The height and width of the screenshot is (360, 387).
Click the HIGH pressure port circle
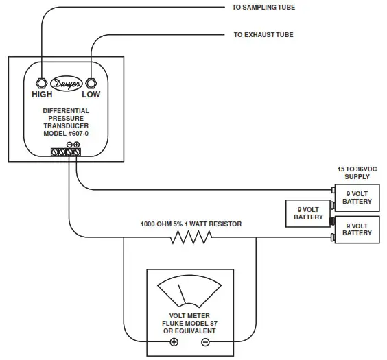40,83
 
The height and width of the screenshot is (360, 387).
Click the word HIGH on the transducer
42,95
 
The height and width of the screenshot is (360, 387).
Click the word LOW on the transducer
91,95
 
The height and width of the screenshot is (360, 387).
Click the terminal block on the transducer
67,153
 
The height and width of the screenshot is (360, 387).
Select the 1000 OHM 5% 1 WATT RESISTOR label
191,224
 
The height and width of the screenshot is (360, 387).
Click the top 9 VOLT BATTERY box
356,197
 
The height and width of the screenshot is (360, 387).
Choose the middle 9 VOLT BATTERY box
308,213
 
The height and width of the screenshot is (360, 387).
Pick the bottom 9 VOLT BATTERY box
356,229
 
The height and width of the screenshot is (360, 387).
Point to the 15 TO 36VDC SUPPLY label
356,173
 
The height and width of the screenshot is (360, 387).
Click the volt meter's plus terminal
174,342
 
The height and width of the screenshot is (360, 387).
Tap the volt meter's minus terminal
204,342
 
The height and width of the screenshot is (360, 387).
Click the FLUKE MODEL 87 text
189,324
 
